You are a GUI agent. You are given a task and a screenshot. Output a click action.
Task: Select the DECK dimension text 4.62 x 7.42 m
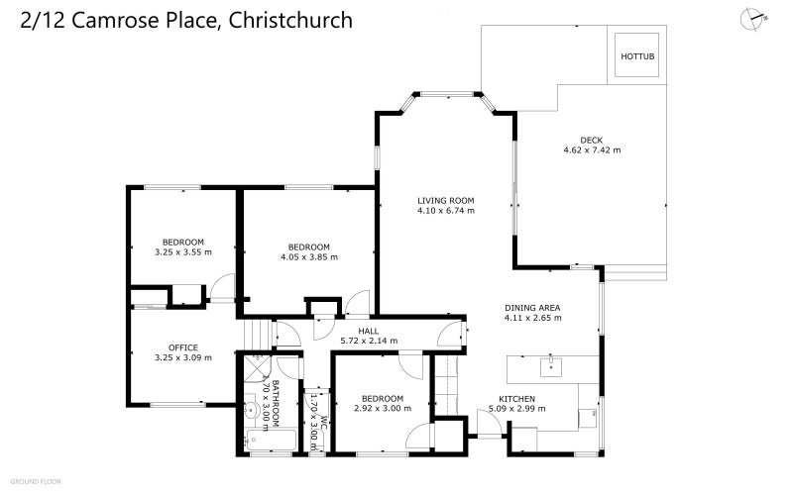[592, 150]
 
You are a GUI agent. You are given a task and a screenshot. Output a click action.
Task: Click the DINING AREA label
[532, 308]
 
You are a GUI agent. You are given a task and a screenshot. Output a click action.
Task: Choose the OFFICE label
[183, 346]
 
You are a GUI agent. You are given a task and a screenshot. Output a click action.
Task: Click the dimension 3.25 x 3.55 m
[183, 252]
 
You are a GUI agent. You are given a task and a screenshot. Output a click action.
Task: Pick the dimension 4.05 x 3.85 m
[309, 257]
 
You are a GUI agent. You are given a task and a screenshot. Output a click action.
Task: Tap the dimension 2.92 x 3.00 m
[382, 408]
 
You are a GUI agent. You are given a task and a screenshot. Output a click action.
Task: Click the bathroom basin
[252, 408]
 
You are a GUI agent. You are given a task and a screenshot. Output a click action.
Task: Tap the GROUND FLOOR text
[37, 481]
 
